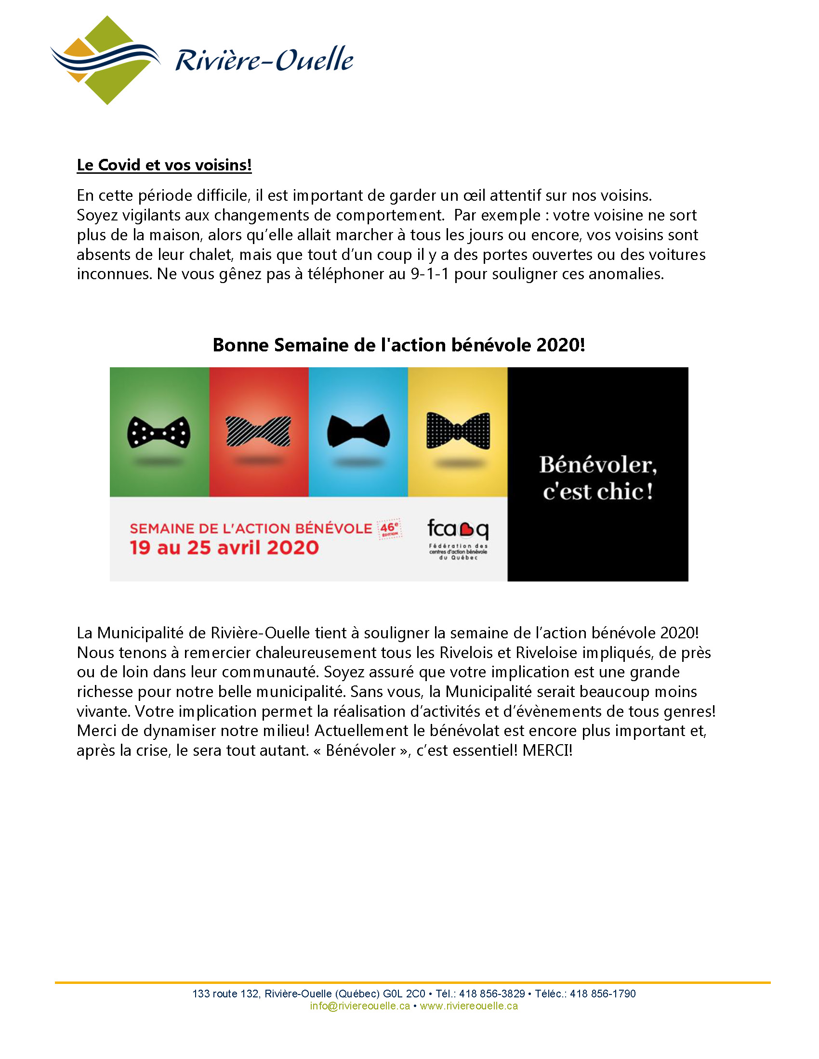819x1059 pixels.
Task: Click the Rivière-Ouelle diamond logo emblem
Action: pos(106,60)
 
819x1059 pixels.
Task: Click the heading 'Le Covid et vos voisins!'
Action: pos(164,165)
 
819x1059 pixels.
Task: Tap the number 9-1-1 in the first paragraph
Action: pos(429,274)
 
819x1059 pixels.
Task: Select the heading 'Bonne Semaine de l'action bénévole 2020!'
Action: pos(399,345)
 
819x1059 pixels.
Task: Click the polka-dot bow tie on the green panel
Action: pos(159,432)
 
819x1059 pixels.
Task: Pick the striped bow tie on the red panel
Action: pos(259,431)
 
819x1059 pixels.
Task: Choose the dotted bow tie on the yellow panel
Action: pos(458,431)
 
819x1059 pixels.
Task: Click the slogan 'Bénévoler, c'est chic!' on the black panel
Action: pos(598,478)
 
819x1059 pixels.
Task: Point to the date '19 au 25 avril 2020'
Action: pos(224,547)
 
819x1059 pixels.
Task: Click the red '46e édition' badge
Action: pos(390,529)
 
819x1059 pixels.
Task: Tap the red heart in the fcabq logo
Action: pos(466,529)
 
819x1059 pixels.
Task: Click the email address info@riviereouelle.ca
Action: pos(359,1006)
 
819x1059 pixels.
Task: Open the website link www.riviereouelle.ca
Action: pos(469,1006)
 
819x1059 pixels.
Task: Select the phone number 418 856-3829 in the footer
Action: pos(492,994)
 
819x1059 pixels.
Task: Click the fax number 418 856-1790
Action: pos(603,994)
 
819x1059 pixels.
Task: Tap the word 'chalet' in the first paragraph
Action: pos(211,255)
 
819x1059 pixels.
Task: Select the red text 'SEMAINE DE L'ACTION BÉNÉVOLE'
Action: pos(251,529)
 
